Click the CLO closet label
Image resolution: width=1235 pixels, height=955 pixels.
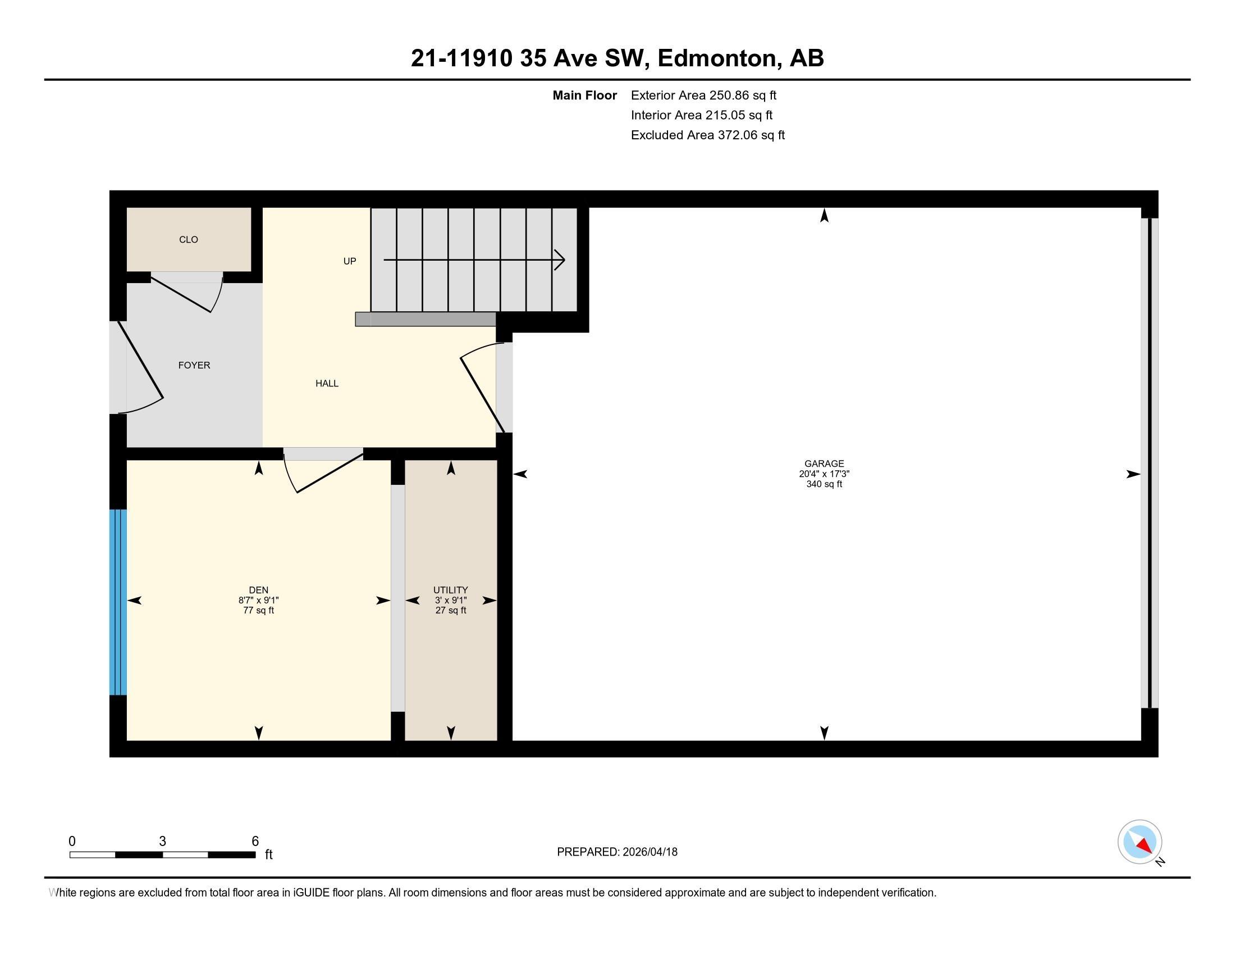coord(188,239)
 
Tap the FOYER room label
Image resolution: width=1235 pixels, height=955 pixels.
coord(194,365)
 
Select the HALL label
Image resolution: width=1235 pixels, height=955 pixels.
coord(327,383)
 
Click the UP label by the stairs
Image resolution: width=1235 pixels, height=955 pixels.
coord(350,261)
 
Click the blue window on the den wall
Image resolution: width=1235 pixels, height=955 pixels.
coord(118,602)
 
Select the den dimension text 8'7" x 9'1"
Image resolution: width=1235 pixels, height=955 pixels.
coord(258,601)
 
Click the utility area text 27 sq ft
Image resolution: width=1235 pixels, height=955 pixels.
coord(451,611)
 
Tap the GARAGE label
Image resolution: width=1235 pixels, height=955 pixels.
coord(824,463)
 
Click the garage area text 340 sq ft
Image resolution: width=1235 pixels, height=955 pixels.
coord(824,484)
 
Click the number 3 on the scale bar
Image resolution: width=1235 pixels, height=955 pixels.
coord(162,842)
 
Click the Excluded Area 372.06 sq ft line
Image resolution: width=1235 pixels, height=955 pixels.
coord(707,135)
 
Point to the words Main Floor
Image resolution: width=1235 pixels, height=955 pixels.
coord(584,95)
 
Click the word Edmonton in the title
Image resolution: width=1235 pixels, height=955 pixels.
coord(716,58)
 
